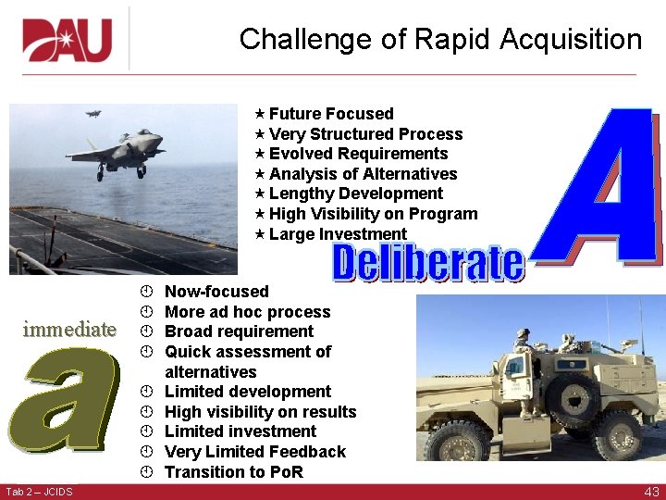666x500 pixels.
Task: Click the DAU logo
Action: (68, 40)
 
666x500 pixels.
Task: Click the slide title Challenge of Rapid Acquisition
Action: (440, 40)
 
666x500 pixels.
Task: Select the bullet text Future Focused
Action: (331, 114)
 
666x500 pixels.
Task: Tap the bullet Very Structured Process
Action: (365, 134)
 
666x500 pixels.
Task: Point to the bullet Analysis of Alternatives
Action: (363, 174)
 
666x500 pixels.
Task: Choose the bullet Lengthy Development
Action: (355, 194)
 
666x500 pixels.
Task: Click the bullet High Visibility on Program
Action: (373, 214)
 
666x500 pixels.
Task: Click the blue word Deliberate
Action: (427, 264)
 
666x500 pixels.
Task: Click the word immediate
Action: (69, 330)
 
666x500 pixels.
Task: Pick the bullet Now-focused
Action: (216, 292)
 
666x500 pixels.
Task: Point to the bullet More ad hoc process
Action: (247, 312)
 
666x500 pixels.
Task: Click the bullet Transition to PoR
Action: (233, 472)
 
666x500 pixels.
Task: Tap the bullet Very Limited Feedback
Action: (254, 452)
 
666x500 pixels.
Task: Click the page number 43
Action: (651, 492)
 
